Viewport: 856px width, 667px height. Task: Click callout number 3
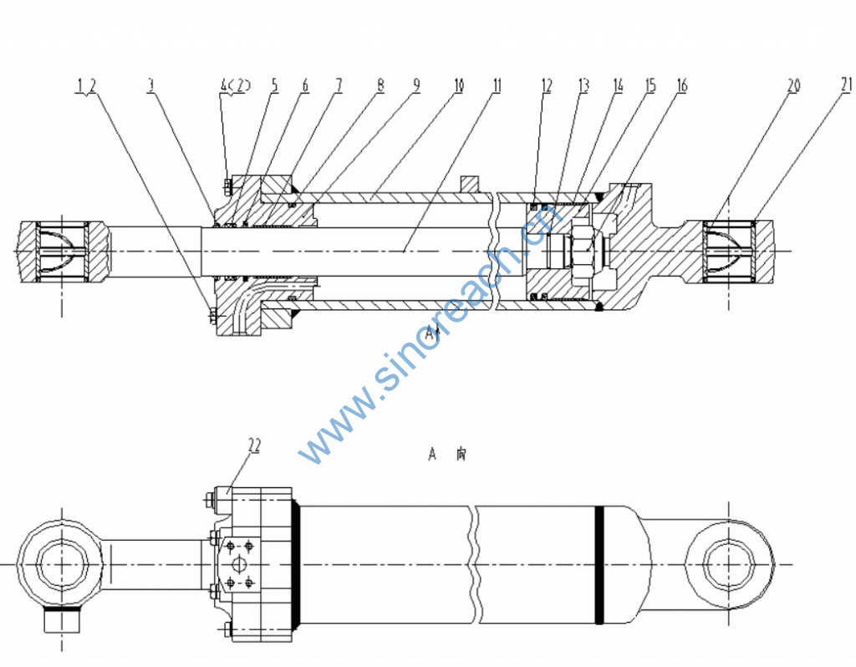tap(151, 85)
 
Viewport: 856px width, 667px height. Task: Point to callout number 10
tap(459, 85)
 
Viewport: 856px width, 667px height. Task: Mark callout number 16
tap(681, 85)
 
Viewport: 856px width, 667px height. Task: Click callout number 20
tap(793, 85)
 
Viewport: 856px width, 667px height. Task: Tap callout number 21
tap(846, 84)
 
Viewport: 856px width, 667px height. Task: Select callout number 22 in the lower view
tap(253, 446)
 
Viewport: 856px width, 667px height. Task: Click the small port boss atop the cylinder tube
tap(470, 184)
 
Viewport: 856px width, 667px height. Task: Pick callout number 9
tap(416, 85)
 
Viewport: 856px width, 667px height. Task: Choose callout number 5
tap(274, 85)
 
